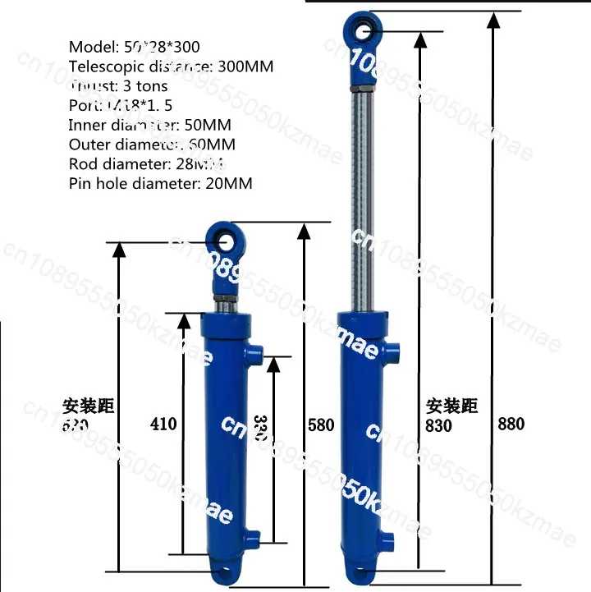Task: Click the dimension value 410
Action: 164,424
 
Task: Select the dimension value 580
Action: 321,424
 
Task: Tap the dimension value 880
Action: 511,424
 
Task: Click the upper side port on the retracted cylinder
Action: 255,356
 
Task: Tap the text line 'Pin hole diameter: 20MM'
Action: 161,183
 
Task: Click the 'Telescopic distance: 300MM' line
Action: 171,67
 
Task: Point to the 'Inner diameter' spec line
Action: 149,125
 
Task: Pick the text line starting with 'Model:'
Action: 134,47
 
